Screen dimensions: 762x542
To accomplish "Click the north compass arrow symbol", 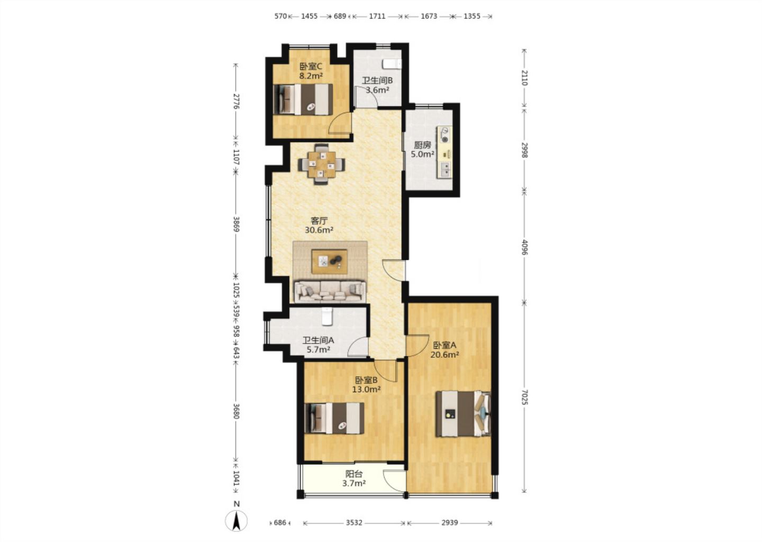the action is (237, 521).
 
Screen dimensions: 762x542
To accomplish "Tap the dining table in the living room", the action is (322, 165).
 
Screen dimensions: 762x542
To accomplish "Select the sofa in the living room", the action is (330, 292).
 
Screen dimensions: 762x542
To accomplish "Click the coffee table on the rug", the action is (330, 261).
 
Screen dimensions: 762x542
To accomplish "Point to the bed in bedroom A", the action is (464, 413).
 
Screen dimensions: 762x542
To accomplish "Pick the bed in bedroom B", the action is (334, 418).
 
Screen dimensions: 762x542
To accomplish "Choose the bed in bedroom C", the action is (303, 99).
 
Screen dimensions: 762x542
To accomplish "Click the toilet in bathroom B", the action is (392, 64).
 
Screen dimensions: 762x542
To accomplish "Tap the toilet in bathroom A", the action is (326, 316).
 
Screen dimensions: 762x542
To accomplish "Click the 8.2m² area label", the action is (311, 76).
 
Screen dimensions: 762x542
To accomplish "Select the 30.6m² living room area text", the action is (319, 230).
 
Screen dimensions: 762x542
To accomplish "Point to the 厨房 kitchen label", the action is (422, 145).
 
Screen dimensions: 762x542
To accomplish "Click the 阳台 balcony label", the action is (354, 474).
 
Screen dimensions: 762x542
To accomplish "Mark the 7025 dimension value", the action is (524, 397).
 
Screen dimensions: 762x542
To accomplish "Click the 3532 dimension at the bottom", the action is (354, 522).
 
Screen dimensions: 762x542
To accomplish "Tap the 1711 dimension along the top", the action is (377, 16).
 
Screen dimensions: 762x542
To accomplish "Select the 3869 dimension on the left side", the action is (237, 224).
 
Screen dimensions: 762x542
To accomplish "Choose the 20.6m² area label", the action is (445, 355).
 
